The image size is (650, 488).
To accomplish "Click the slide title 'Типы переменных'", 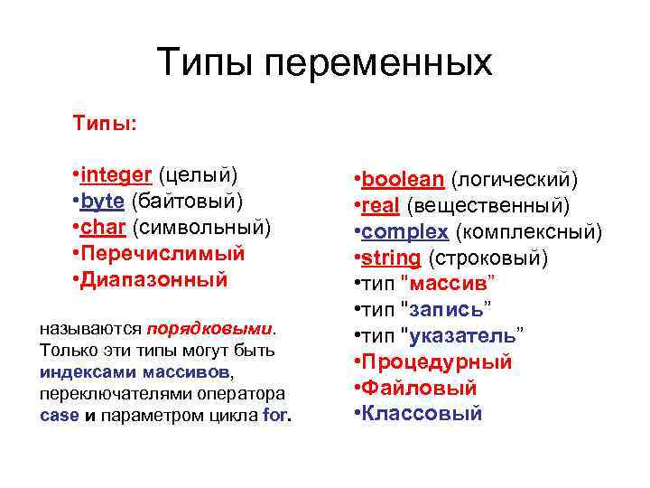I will point(325,62).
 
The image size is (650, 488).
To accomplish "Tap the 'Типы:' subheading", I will point(106,122).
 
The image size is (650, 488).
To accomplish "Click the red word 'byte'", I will point(103,199).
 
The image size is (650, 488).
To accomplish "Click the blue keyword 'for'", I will point(274,416).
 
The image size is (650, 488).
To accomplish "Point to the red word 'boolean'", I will point(402,180).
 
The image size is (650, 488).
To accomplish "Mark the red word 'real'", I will point(381,206).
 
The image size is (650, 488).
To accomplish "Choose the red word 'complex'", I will point(404,232).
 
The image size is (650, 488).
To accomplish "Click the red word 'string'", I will point(391,258).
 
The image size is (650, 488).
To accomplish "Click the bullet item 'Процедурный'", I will point(437,362).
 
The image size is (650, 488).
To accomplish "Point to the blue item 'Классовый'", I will point(422,414).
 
